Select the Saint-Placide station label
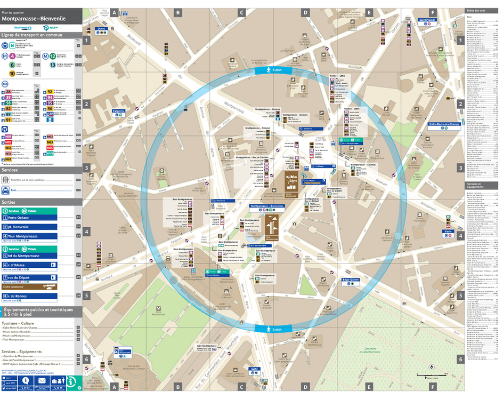coord(427,20)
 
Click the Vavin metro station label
coord(448,232)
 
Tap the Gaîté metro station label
coord(254,369)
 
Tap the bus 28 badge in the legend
coord(8,91)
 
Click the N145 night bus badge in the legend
coord(50,153)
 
